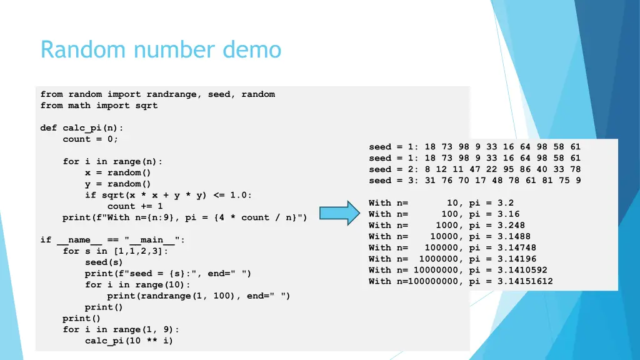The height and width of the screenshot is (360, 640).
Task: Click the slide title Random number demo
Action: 161,49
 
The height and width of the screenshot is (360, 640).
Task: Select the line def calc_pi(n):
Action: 82,128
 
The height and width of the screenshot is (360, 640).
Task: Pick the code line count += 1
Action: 135,206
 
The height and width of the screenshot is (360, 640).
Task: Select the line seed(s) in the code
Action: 104,262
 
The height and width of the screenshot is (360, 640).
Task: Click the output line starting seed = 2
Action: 474,169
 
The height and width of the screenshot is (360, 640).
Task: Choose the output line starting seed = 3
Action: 474,181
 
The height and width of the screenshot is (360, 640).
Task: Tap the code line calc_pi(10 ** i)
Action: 129,341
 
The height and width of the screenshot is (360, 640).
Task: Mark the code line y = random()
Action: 118,184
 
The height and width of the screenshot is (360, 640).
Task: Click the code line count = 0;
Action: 91,139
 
